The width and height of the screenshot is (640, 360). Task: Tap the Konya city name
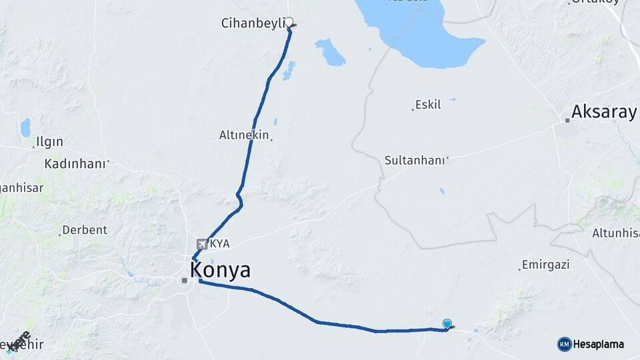click(220, 270)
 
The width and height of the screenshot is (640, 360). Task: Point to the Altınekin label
click(243, 135)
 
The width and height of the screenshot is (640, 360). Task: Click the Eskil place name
click(427, 105)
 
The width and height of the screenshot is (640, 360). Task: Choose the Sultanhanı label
click(415, 160)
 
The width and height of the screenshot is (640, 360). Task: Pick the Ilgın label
click(50, 141)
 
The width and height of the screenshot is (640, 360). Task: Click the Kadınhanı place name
click(75, 163)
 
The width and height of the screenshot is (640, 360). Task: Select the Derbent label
click(85, 230)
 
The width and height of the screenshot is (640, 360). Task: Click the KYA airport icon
click(202, 244)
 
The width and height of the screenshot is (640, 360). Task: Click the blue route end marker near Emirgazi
click(447, 323)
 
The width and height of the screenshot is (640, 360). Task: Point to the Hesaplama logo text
click(599, 344)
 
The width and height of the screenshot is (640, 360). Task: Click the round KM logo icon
click(564, 344)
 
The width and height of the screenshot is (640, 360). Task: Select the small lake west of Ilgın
click(25, 127)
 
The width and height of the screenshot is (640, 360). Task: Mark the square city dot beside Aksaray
click(567, 121)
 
